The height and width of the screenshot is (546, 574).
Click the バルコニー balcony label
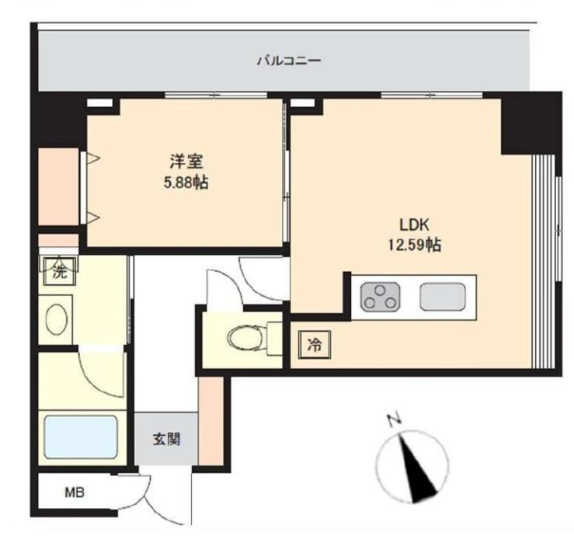289,60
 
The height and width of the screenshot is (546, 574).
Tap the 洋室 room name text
186,162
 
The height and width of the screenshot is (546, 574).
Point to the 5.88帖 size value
186,183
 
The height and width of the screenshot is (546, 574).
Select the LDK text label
414,224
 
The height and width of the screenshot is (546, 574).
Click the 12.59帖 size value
415,245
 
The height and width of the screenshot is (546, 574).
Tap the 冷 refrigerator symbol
315,344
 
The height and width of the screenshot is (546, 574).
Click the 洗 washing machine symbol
60,271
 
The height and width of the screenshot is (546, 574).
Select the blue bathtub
81,436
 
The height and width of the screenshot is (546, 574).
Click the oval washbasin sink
57,318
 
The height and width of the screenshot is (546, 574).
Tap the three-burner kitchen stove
381,297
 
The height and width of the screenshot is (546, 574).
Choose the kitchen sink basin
443,297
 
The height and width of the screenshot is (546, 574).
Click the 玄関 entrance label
166,439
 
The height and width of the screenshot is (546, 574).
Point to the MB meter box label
75,492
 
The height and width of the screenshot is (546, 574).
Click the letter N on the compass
394,420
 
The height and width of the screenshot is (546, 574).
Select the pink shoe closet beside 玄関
210,421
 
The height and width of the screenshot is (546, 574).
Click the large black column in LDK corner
531,123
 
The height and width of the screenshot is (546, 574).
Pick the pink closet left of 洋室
58,186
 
